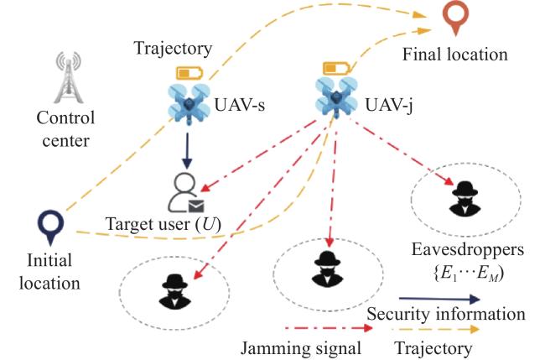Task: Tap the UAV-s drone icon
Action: point(189,102)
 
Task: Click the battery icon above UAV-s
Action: point(189,73)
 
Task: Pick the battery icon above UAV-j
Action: point(336,68)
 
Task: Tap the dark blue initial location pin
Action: point(51,227)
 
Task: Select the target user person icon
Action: point(183,192)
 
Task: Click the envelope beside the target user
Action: point(196,206)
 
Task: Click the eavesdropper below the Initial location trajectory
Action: point(175,292)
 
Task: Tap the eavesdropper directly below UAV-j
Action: point(327,269)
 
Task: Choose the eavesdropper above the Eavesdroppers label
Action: point(465,199)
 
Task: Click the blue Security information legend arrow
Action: point(439,299)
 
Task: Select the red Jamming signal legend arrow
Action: point(329,327)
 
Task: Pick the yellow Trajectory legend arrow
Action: point(436,329)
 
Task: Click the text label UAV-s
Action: point(240,104)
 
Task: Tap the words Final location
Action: point(455,55)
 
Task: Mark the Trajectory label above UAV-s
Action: point(173,49)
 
